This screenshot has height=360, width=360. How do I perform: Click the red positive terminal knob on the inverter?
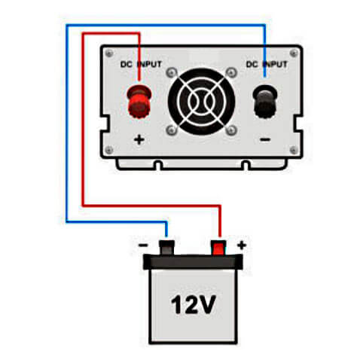(x=139, y=101)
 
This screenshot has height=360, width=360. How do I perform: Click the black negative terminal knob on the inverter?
(x=265, y=101)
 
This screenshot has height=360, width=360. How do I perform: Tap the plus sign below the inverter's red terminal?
(x=139, y=140)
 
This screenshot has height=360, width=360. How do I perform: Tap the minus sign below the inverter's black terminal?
(x=265, y=139)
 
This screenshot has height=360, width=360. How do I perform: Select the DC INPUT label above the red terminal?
(x=141, y=64)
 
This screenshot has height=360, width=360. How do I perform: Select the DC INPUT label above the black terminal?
(x=267, y=65)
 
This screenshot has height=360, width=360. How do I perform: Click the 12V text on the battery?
(x=194, y=304)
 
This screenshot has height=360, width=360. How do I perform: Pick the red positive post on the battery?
(x=218, y=248)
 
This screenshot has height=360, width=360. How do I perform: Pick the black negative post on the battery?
(x=166, y=248)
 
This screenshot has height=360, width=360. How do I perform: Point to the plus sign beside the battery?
(x=242, y=246)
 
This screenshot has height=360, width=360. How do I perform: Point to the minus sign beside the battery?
(x=143, y=245)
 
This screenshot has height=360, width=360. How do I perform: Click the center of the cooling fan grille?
(x=201, y=102)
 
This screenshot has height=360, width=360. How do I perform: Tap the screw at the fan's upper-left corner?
(x=172, y=73)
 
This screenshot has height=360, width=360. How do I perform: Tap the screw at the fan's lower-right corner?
(x=231, y=130)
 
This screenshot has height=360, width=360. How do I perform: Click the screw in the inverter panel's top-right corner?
(x=294, y=53)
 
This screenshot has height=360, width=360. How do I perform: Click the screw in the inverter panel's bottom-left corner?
(x=109, y=150)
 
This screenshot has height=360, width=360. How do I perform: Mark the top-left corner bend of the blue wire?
(x=67, y=25)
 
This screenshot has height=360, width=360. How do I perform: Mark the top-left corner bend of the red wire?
(x=84, y=33)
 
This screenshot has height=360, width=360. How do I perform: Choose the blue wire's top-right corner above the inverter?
(x=264, y=25)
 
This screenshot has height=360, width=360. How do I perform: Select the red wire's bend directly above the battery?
(x=220, y=206)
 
